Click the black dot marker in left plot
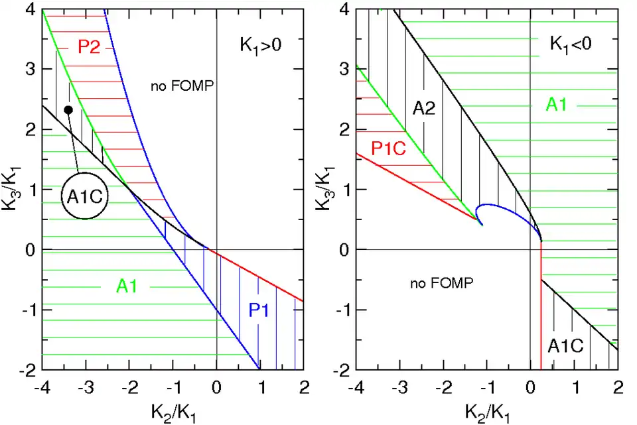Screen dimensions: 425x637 click(68, 109)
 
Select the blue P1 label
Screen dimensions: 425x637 click(261, 309)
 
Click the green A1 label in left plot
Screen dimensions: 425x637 click(127, 286)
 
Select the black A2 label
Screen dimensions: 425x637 click(424, 108)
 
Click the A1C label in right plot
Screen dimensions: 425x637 click(565, 345)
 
